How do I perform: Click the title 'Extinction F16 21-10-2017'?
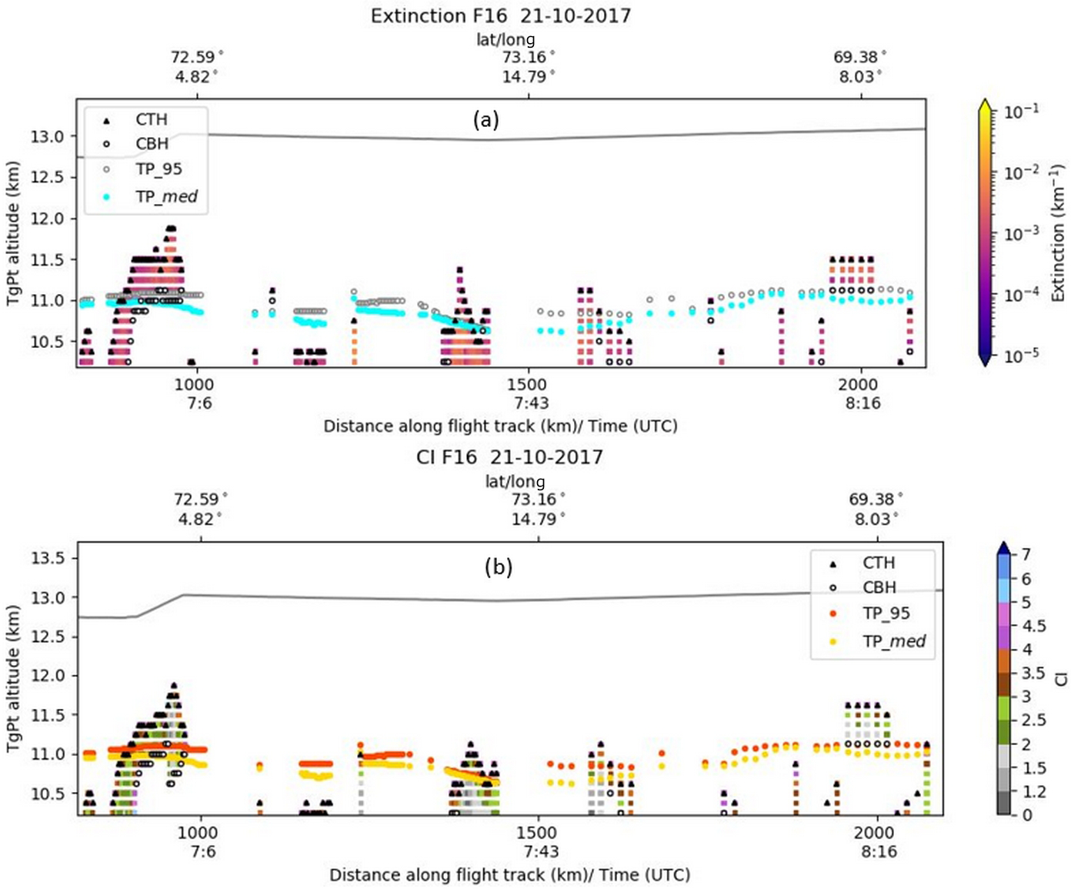click(500, 16)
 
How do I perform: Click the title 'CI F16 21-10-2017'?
click(509, 457)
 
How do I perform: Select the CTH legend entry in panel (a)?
click(151, 119)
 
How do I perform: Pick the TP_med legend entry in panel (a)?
click(166, 197)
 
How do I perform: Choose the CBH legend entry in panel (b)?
click(879, 587)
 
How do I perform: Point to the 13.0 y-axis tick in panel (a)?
click(47, 137)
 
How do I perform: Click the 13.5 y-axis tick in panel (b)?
click(47, 558)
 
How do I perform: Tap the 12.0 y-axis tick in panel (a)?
click(47, 219)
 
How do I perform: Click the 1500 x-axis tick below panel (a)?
click(527, 385)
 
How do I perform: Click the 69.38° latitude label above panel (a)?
click(859, 58)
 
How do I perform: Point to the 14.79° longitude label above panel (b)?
click(538, 519)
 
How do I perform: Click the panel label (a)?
click(485, 119)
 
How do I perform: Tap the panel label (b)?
click(498, 567)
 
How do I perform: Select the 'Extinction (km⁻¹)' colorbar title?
click(1058, 232)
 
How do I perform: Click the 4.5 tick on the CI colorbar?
click(1033, 626)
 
